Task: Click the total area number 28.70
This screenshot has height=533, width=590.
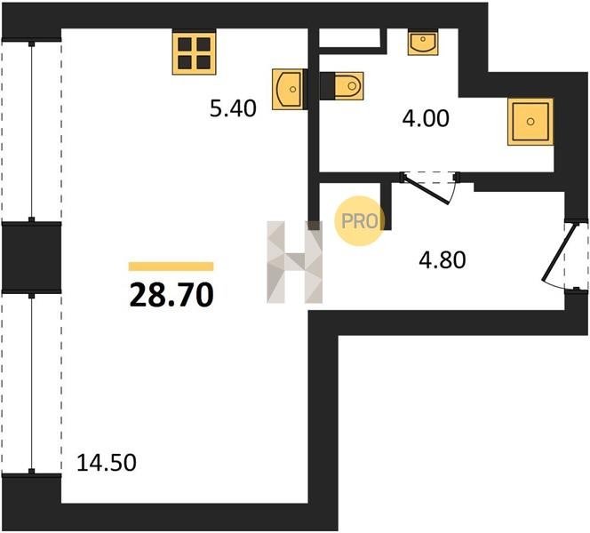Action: coord(171,295)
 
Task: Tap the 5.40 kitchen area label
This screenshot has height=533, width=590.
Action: coord(233,108)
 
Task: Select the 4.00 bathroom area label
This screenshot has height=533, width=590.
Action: coord(426,118)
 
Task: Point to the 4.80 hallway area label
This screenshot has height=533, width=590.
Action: coord(442,260)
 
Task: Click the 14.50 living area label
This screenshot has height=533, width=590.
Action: coord(107,463)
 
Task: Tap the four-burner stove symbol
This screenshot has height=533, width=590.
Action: coord(195,53)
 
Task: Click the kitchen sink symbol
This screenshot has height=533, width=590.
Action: coord(288,89)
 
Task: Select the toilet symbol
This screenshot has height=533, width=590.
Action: coord(342,86)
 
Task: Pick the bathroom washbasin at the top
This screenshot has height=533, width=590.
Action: coord(423,43)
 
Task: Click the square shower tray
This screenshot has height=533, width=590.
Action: coord(530,122)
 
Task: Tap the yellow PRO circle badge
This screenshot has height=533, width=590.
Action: coord(360,221)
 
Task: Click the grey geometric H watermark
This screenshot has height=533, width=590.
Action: coord(295,262)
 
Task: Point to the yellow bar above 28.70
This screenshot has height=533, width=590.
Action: coord(171,266)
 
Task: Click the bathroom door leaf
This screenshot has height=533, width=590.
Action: coord(426,189)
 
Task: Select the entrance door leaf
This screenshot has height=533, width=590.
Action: coord(559,252)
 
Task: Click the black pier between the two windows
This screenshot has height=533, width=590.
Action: coord(32,258)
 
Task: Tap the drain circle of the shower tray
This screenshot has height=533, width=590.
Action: coord(530,122)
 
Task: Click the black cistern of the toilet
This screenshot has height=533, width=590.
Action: coord(327,86)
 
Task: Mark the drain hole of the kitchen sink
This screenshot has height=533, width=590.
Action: coord(292,89)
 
